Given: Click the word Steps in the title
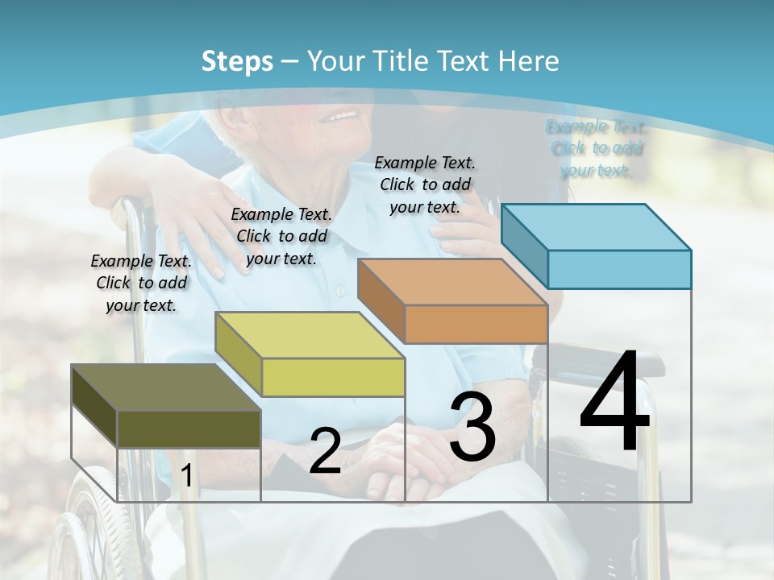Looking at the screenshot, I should point(237,61).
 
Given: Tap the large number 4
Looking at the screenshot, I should point(614,402).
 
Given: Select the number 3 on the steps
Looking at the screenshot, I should point(472,428).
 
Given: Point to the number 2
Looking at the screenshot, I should point(325,451).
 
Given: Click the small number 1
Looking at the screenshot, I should point(186,476).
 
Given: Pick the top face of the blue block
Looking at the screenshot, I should point(597,226).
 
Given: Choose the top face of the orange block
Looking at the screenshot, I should point(452,282).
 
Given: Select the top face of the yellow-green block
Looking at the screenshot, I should point(309,335).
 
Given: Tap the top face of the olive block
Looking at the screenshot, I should point(165,387).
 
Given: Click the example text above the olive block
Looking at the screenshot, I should point(142,283).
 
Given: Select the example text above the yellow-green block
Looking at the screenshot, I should point(281,236).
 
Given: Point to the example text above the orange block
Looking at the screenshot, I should point(425,184).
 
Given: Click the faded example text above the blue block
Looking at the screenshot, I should point(597,147).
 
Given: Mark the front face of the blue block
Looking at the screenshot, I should point(619,269).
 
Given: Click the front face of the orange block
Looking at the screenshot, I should point(476,324).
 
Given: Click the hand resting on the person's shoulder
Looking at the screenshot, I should point(198,217).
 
